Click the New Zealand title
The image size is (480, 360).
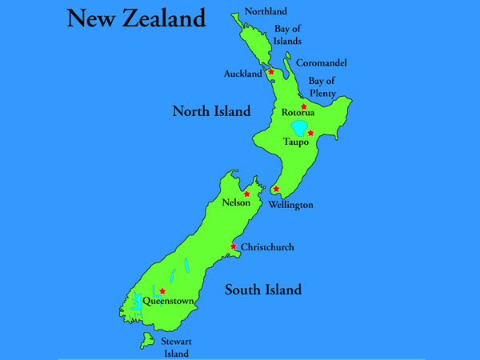point(136,18)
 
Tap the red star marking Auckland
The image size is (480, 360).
point(271,72)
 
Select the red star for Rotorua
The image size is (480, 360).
point(304,106)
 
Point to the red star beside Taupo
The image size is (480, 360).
point(310,133)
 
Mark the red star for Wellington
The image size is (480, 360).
point(276,190)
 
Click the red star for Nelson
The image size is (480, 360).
point(246,194)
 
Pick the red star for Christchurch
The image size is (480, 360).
point(234,246)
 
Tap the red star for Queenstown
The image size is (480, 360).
point(162,291)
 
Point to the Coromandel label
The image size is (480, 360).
point(322,63)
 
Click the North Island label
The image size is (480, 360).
point(211,111)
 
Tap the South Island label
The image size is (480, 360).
point(262,290)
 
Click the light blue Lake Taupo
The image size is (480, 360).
point(299,128)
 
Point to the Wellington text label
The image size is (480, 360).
point(291,205)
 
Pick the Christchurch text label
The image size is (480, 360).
point(267,247)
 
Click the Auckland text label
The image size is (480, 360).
point(243,74)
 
